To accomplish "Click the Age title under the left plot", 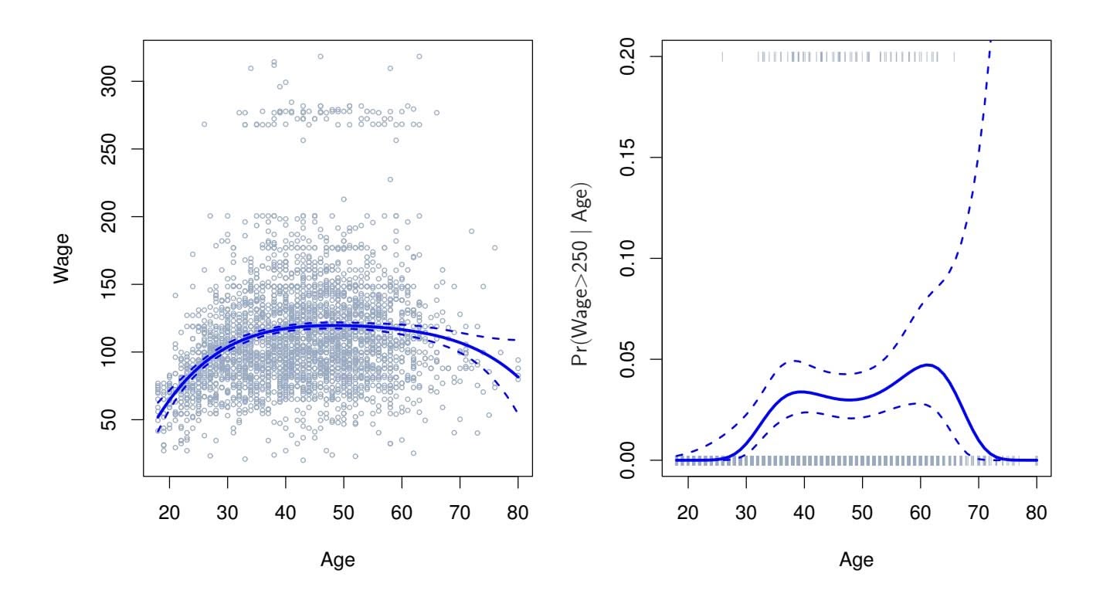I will click(338, 561).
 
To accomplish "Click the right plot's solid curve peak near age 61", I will click(927, 365).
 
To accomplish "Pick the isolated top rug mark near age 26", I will click(722, 56).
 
